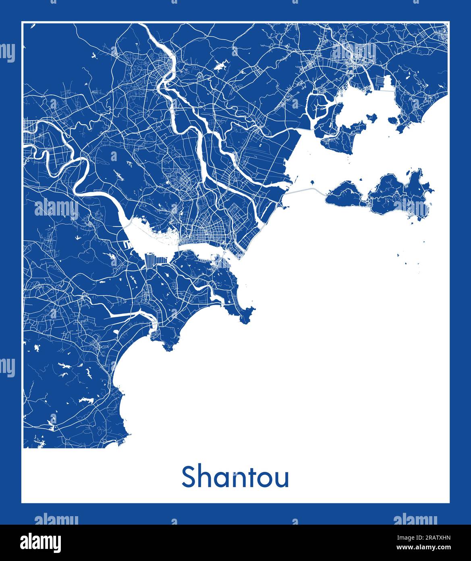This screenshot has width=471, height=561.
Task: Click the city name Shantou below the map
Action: (x=235, y=477)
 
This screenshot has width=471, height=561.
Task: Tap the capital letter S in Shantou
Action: (x=189, y=477)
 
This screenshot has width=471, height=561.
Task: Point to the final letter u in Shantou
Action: (x=282, y=479)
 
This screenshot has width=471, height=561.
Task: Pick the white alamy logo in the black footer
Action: (x=40, y=542)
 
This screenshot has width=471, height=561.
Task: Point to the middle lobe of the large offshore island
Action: (x=385, y=194)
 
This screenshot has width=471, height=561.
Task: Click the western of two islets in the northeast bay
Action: (x=371, y=117)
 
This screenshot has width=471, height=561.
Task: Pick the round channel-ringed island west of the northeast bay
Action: (x=320, y=106)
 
